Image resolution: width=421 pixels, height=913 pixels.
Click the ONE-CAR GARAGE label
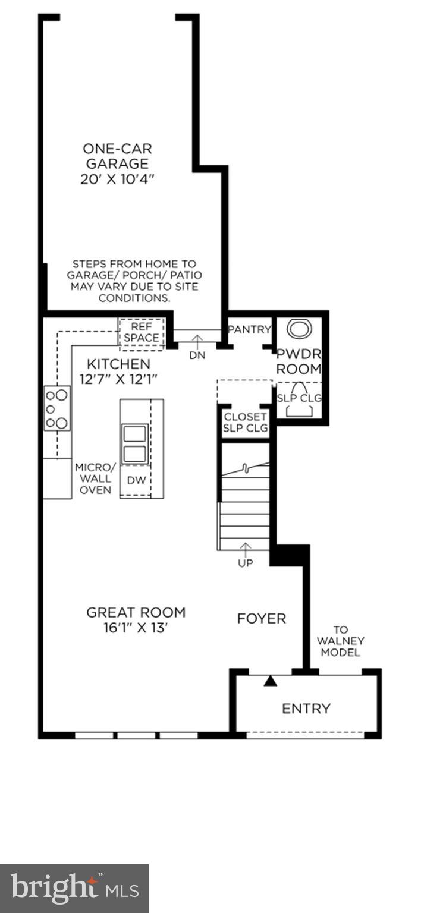117,156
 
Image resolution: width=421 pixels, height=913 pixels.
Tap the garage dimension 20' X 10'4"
117,179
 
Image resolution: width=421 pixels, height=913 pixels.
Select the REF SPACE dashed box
142,332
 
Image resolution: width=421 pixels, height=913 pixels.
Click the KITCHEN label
118,364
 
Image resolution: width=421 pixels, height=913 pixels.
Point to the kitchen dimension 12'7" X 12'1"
118,378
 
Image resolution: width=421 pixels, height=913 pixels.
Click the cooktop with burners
57,408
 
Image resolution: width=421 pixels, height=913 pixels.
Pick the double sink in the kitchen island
134,443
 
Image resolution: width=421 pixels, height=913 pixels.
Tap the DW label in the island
135,480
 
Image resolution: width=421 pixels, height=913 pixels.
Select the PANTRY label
250,329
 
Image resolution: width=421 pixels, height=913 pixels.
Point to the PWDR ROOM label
299,360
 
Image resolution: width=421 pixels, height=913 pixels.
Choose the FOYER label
261,619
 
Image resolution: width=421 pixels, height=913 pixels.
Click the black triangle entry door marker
271,681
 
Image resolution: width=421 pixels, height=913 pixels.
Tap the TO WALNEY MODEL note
340,641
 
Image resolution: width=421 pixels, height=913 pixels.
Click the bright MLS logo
74,889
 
